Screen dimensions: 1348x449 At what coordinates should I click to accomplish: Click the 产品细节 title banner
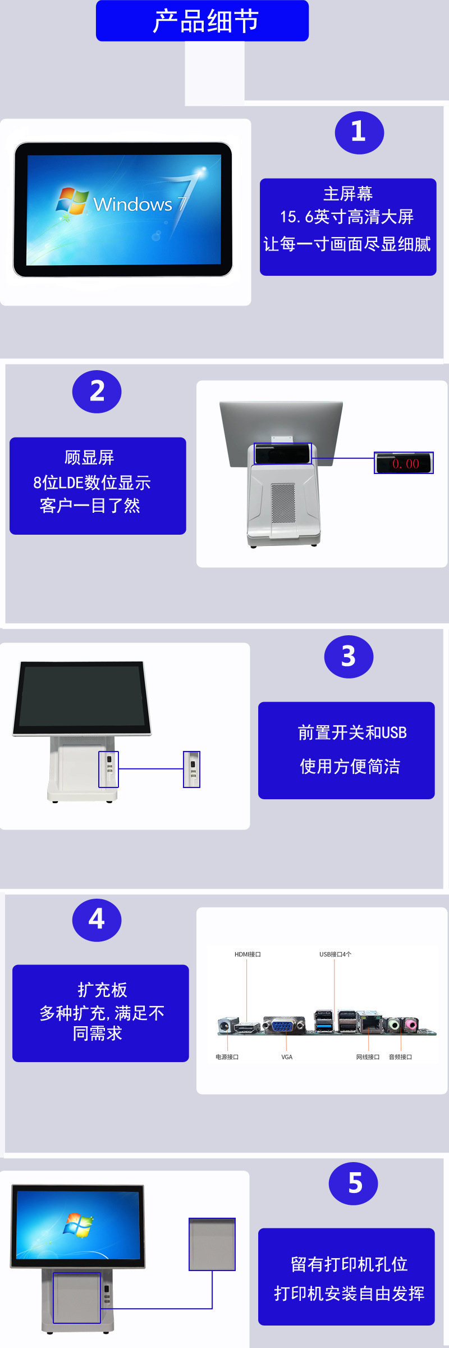(x=202, y=21)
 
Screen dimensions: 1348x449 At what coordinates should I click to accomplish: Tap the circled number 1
(x=359, y=133)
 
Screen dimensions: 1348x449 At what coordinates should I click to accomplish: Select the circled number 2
(x=97, y=391)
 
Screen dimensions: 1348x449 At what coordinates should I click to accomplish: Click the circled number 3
(x=349, y=657)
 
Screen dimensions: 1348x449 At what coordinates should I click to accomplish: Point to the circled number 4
(x=97, y=920)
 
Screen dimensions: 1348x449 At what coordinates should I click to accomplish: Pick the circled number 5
(x=353, y=1183)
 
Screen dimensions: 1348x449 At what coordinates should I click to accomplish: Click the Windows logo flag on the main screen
(x=72, y=201)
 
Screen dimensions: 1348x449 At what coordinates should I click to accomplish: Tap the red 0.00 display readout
(x=405, y=463)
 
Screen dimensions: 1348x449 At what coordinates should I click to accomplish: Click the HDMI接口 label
(x=248, y=954)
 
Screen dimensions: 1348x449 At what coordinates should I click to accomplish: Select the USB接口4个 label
(x=335, y=954)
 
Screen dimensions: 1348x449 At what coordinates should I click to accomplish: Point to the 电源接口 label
(x=227, y=1057)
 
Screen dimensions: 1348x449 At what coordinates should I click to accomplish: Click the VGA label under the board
(x=287, y=1057)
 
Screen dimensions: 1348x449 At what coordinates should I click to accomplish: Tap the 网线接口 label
(x=368, y=1057)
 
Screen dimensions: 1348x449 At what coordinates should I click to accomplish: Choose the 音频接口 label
(x=400, y=1057)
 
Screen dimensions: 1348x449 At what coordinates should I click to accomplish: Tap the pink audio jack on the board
(x=411, y=1024)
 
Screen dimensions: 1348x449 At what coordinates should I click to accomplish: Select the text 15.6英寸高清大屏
(x=347, y=217)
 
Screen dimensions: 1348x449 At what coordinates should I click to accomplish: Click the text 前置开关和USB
(x=352, y=733)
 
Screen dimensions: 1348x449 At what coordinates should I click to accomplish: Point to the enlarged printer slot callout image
(x=212, y=1244)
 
